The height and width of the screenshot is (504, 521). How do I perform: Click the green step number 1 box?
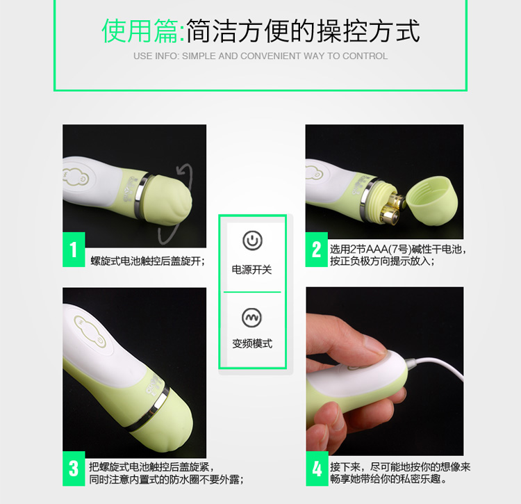point(74,250)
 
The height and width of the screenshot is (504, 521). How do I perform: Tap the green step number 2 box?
point(316,250)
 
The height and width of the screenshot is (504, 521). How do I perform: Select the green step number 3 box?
point(74,469)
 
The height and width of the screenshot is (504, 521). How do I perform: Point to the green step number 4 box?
point(317,469)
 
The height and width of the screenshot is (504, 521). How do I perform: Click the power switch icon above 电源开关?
point(253,241)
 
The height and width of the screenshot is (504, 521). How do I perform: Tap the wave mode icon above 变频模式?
point(252,318)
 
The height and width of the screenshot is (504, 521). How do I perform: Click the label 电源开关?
point(252,270)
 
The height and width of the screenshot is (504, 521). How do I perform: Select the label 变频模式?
point(252,343)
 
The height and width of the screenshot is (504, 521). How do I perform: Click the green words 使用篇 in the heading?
point(140,31)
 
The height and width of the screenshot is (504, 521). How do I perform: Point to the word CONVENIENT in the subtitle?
point(270,56)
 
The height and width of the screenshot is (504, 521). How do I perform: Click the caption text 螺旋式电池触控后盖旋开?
point(146,261)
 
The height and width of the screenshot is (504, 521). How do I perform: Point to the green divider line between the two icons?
point(252,292)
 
